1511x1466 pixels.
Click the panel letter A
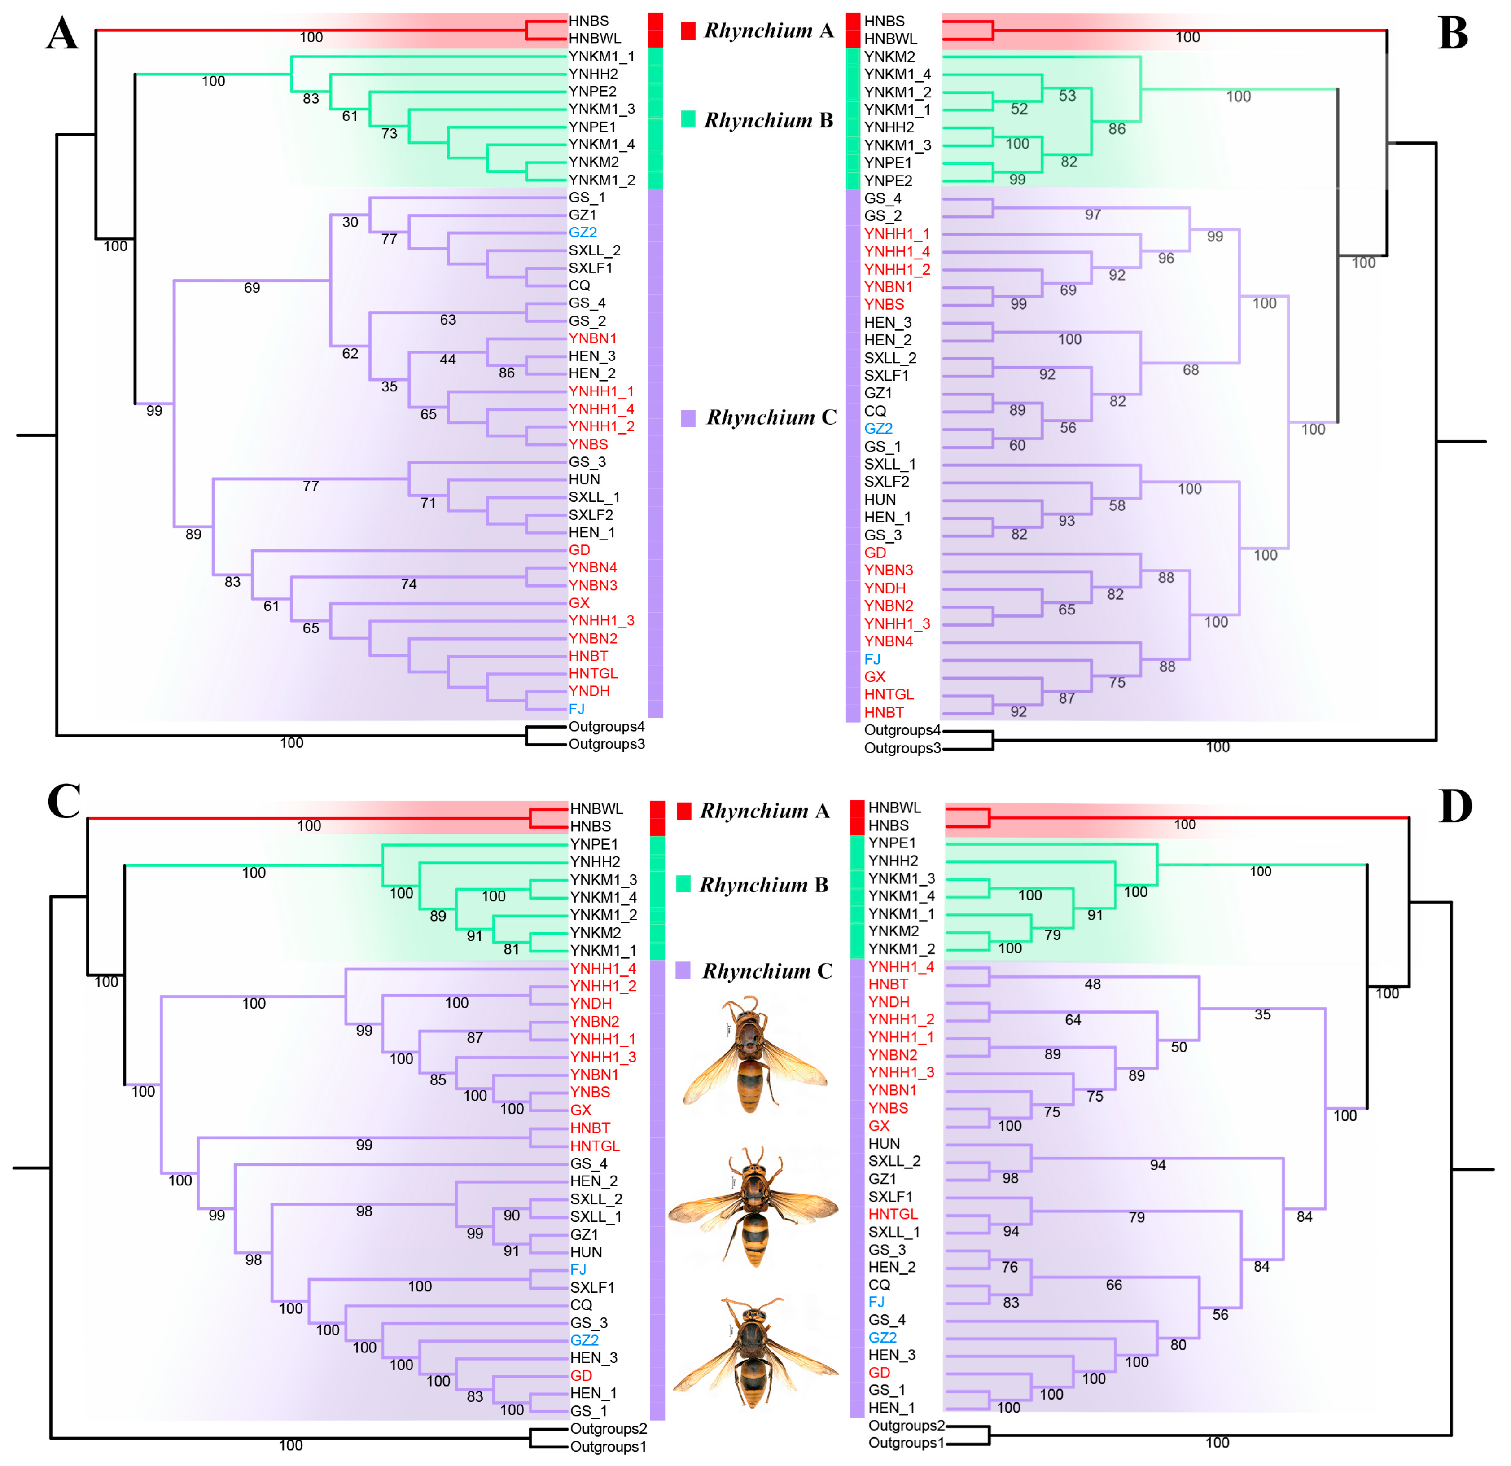pos(61,35)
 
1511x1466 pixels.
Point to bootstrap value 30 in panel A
pos(350,222)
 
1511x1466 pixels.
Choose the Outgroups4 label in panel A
pos(606,726)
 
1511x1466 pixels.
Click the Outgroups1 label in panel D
pos(906,1443)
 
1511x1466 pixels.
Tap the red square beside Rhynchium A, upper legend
pos(688,31)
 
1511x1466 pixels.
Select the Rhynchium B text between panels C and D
pos(763,885)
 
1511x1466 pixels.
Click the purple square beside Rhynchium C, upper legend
pos(688,418)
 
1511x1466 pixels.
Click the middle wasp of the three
pos(754,1207)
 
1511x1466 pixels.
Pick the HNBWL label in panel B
pos(890,39)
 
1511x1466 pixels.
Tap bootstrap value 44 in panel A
pos(447,360)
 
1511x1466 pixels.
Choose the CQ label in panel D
pos(879,1285)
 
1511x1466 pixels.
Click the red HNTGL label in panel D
pos(893,1214)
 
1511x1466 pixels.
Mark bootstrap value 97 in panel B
pos(1092,215)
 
